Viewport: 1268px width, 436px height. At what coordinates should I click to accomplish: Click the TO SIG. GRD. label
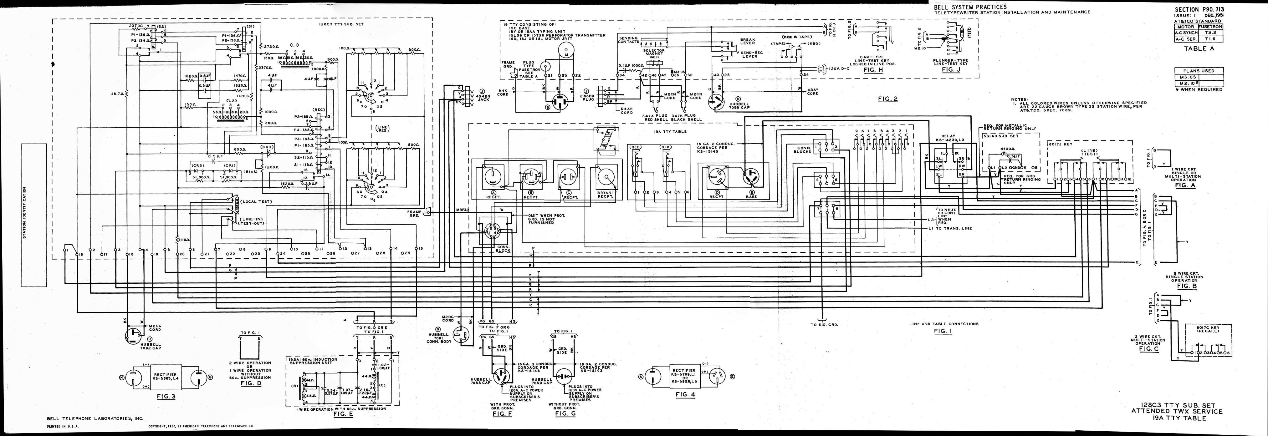pyautogui.click(x=824, y=325)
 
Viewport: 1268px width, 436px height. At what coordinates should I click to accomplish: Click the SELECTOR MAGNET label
pyautogui.click(x=654, y=52)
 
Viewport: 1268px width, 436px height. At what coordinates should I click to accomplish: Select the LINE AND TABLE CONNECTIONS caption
pyautogui.click(x=943, y=324)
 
